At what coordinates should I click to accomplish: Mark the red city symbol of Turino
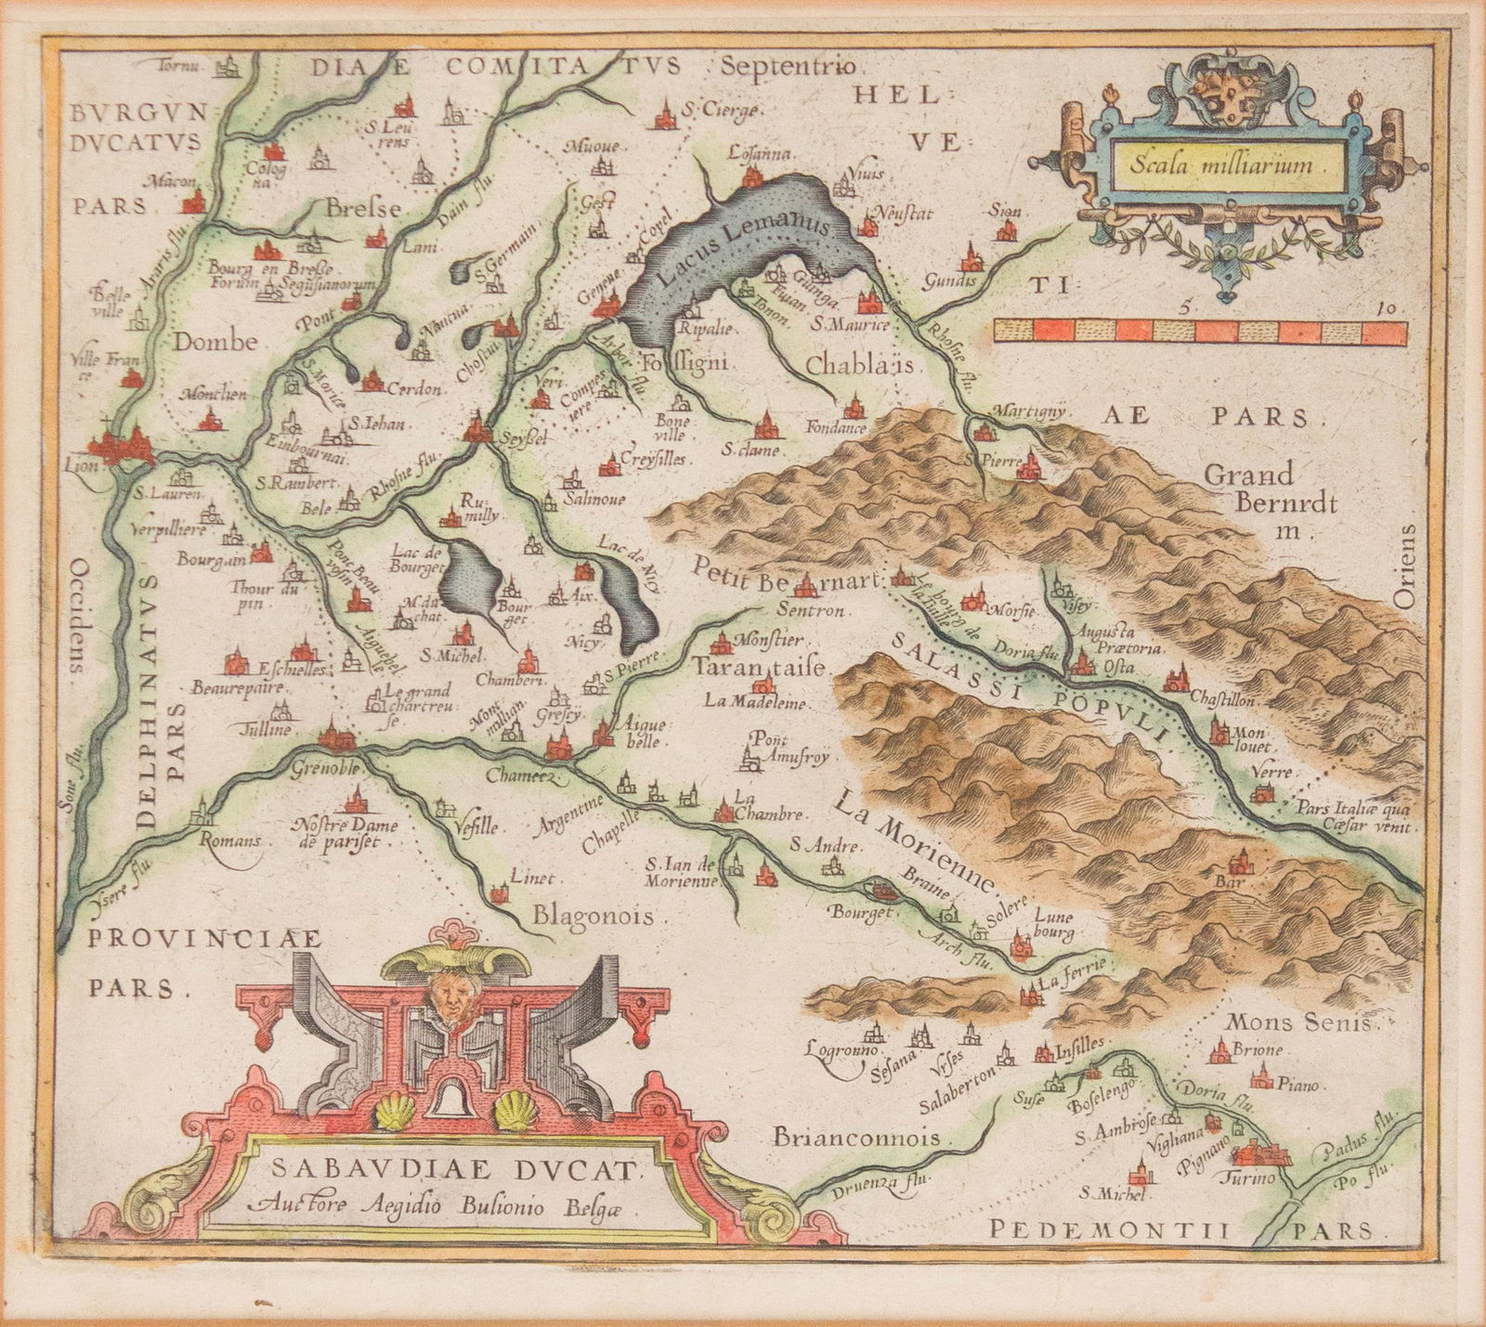(1264, 1153)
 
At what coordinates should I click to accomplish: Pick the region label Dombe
(214, 343)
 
